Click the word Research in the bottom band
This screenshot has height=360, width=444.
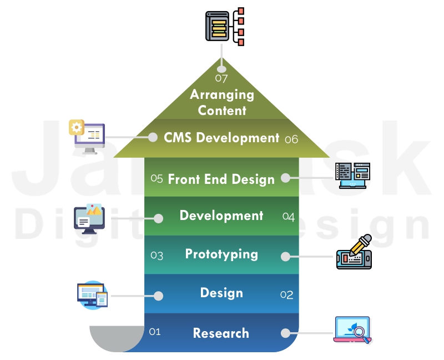[221, 333]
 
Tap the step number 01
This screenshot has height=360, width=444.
[155, 332]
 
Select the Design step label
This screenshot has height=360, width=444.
[221, 293]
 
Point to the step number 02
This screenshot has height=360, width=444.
[286, 295]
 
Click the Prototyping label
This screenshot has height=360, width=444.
[221, 254]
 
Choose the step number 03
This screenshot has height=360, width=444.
[157, 256]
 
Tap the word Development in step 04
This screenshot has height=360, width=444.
[221, 216]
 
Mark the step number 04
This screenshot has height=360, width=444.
[288, 217]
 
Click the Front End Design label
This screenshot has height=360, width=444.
[221, 179]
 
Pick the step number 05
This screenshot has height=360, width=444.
[157, 178]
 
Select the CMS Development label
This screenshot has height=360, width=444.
[221, 138]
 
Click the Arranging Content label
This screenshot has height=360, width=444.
[222, 102]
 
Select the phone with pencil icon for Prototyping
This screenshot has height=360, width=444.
[354, 253]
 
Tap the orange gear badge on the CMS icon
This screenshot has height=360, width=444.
[76, 127]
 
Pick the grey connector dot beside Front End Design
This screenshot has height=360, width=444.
[285, 178]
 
